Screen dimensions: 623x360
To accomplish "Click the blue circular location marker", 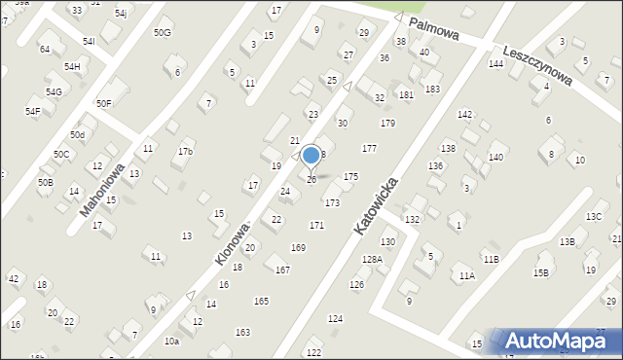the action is pyautogui.click(x=311, y=155).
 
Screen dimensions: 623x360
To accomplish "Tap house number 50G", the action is pyautogui.click(x=162, y=32).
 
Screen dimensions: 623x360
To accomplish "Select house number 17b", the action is pyautogui.click(x=185, y=152).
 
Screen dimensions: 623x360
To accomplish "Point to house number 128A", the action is pyautogui.click(x=372, y=260).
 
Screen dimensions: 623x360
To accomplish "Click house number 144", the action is pyautogui.click(x=495, y=63).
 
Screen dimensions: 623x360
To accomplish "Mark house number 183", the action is pyautogui.click(x=432, y=89).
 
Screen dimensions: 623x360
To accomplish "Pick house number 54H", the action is pyautogui.click(x=72, y=66).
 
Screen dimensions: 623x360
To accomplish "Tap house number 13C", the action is pyautogui.click(x=594, y=216).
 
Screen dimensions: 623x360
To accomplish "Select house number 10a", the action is pyautogui.click(x=171, y=342).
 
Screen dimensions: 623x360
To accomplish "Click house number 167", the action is pyautogui.click(x=282, y=270).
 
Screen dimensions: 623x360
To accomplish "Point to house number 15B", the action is pyautogui.click(x=540, y=273).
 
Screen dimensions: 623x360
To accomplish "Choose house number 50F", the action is pyautogui.click(x=103, y=103).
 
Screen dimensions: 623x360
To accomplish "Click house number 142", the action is pyautogui.click(x=464, y=115).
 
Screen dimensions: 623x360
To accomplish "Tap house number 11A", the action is pyautogui.click(x=467, y=276).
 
